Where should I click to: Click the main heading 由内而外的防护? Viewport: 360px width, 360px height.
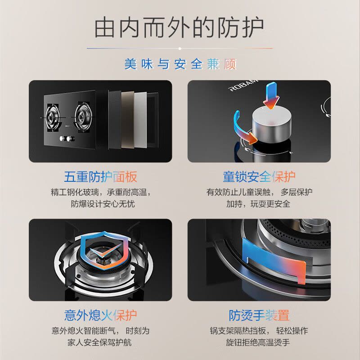(179, 28)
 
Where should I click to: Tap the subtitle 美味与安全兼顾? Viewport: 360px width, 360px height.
(180, 64)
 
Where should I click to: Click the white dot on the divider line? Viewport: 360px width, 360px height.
(180, 49)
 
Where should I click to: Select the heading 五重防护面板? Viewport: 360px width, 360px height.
(100, 176)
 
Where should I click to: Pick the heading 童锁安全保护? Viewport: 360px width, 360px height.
(259, 176)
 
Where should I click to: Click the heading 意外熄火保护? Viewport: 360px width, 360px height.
(100, 315)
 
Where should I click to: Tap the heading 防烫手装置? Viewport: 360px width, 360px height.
(259, 315)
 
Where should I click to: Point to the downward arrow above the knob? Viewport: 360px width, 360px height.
(271, 95)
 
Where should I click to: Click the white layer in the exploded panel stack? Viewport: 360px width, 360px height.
(140, 120)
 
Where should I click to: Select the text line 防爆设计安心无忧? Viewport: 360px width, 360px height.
(103, 204)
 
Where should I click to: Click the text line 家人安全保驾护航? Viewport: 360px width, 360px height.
(99, 342)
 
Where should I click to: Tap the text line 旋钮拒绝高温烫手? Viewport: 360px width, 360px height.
(258, 342)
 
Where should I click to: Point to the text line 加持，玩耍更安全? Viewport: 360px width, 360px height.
(258, 204)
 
